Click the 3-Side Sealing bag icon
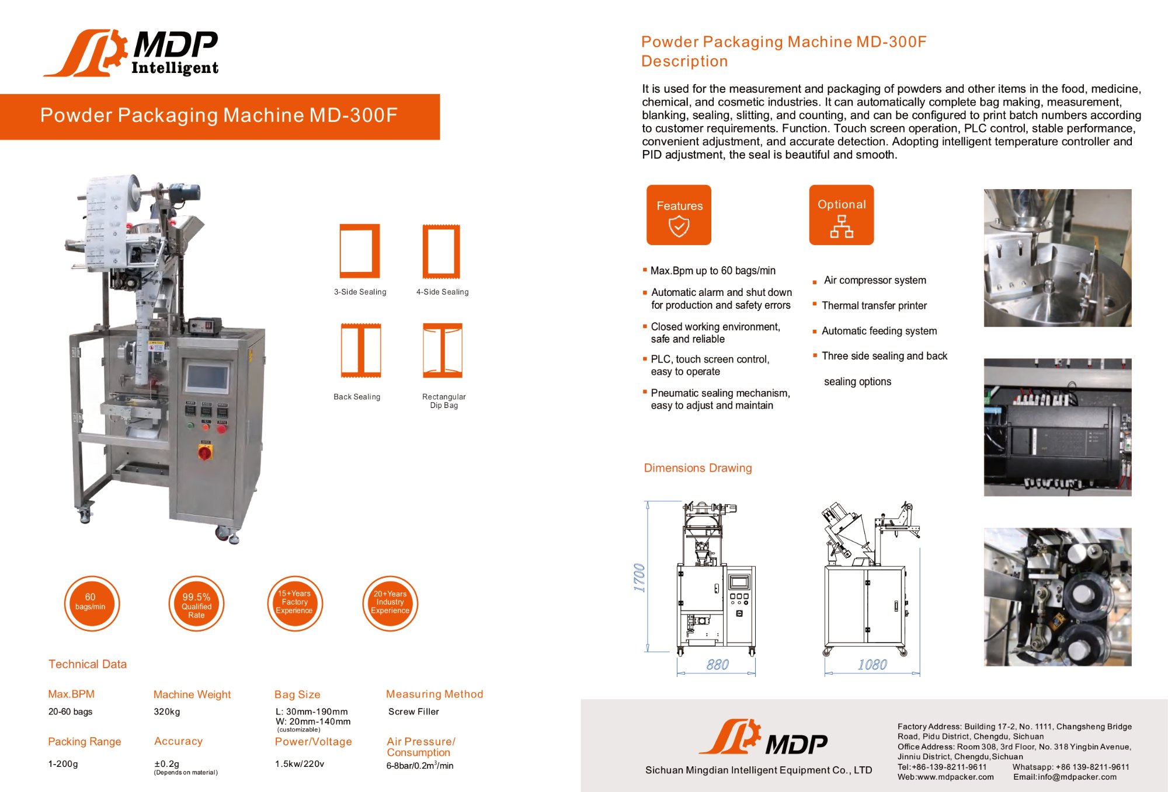360,251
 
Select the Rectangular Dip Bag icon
443,350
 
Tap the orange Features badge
679,215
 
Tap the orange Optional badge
841,215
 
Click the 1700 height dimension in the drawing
639,578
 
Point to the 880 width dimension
717,665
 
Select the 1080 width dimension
872,665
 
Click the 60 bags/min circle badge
91,603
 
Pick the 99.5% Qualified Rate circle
196,604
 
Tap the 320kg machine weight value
167,711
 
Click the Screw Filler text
413,711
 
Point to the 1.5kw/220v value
300,763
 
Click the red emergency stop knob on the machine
205,452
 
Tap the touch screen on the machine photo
207,378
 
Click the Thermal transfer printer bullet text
874,306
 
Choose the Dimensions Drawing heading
697,468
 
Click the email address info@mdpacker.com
1065,777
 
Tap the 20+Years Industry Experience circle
390,603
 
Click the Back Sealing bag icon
361,350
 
